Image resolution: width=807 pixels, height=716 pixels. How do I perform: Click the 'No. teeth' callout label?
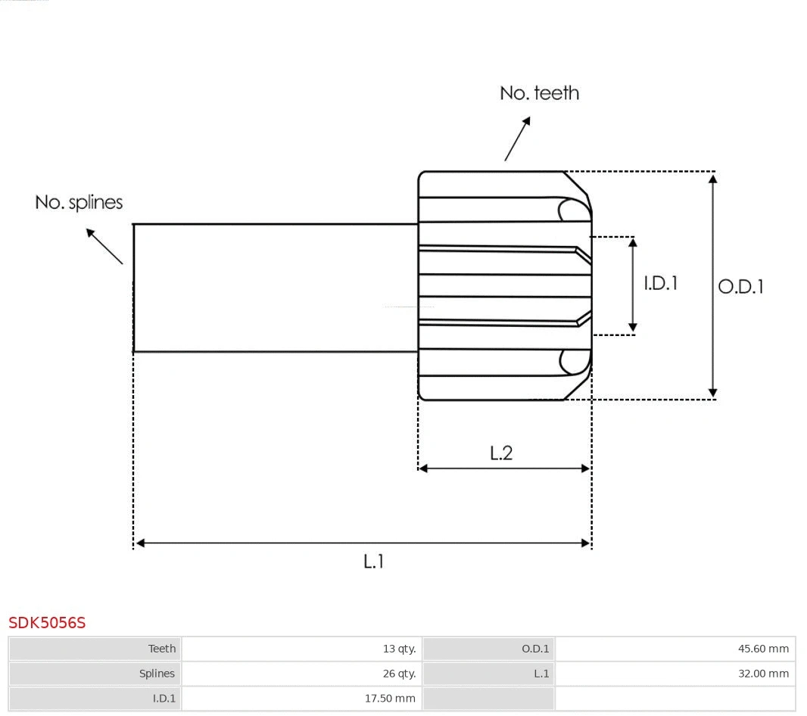[539, 93]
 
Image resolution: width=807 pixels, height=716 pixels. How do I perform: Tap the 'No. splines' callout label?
[79, 203]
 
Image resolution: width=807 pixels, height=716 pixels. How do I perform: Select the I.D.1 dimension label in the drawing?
[660, 283]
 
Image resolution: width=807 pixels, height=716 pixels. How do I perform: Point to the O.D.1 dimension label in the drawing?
[740, 287]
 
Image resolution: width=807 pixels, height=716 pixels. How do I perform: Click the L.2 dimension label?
[501, 453]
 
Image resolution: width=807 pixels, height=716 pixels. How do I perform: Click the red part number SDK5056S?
[47, 623]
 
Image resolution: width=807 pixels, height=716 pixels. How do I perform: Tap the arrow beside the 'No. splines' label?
[104, 245]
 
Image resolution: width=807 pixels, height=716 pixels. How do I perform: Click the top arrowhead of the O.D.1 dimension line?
[712, 179]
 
